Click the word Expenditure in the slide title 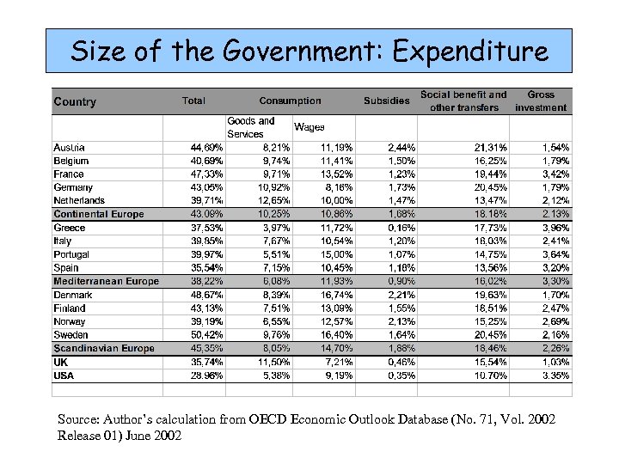470,51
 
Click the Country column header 75,101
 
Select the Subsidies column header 386,101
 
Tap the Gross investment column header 541,101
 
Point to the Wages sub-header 309,127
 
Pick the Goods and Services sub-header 251,127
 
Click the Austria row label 69,147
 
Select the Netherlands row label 79,200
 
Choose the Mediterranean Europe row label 106,281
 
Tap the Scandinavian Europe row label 104,348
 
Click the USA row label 64,375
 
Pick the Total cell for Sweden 206,334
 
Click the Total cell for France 206,174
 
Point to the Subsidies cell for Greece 401,228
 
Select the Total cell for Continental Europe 206,214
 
